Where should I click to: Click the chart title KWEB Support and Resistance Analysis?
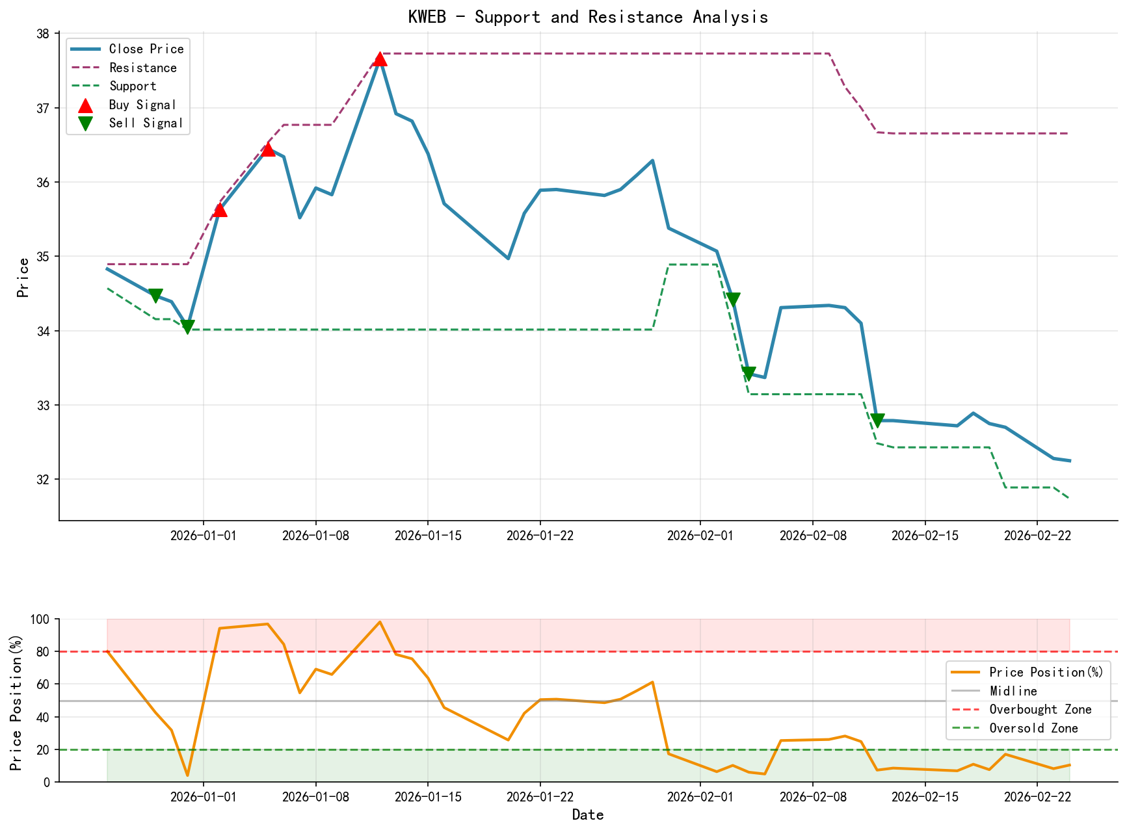pyautogui.click(x=588, y=17)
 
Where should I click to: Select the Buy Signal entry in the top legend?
pyautogui.click(x=142, y=105)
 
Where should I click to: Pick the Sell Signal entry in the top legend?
pyautogui.click(x=146, y=123)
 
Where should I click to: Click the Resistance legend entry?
pyautogui.click(x=142, y=68)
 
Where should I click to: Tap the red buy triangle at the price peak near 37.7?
pyautogui.click(x=380, y=59)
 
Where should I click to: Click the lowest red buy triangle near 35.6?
pyautogui.click(x=220, y=209)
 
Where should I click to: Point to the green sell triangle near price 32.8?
pyautogui.click(x=877, y=421)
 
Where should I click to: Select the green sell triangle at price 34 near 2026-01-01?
pyautogui.click(x=188, y=327)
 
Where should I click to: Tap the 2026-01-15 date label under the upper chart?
pyautogui.click(x=427, y=535)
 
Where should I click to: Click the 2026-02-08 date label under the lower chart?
pyautogui.click(x=812, y=797)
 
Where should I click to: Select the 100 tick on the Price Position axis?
pyautogui.click(x=40, y=619)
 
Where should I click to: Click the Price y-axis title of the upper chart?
pyautogui.click(x=23, y=278)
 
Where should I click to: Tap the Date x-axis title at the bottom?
pyautogui.click(x=588, y=815)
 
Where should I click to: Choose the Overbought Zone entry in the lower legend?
pyautogui.click(x=1040, y=710)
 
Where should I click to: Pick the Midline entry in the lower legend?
pyautogui.click(x=1013, y=691)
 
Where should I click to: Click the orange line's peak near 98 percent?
pyautogui.click(x=380, y=622)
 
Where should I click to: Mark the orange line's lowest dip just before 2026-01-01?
pyautogui.click(x=188, y=775)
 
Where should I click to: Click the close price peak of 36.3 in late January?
pyautogui.click(x=652, y=161)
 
